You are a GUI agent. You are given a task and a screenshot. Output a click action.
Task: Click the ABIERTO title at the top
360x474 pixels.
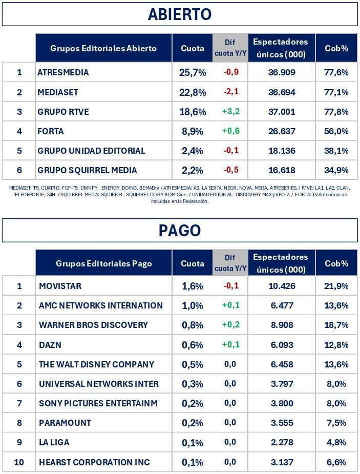pos(180,14)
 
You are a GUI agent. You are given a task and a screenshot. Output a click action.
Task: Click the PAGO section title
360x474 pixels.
pos(180,231)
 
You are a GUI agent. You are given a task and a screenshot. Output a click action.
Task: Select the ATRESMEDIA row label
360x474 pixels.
pos(63,73)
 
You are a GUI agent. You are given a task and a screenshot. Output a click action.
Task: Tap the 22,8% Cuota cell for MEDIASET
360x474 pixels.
pos(193,92)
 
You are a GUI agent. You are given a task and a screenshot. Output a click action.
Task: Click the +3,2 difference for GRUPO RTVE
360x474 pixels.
pos(231,111)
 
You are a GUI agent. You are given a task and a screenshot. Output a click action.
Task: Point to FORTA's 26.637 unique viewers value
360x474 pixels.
pos(282,131)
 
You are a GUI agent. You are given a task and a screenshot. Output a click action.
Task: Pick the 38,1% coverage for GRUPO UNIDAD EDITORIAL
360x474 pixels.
pos(336,151)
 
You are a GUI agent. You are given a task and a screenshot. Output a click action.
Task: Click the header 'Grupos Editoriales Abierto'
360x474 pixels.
pos(103,48)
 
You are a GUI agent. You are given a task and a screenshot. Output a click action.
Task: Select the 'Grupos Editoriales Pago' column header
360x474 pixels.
pos(104,263)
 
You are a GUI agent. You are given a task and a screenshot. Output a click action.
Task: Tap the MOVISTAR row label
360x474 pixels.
pos(60,286)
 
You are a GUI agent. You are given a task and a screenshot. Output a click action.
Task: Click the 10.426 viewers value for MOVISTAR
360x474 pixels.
pos(282,286)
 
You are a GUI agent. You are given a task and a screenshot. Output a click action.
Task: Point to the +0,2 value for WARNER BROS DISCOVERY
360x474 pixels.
pos(231,324)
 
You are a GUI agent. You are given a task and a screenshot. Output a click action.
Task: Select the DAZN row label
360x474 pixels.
pos(50,345)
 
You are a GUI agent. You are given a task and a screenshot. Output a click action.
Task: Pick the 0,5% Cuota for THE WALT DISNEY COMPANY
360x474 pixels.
pos(193,364)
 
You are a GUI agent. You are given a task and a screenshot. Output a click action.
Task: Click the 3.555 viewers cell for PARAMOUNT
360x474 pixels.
pos(282,423)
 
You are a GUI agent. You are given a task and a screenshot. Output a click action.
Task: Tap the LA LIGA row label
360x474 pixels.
pos(54,442)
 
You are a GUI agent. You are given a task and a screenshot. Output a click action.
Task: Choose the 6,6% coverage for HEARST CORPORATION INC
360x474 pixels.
pos(336,462)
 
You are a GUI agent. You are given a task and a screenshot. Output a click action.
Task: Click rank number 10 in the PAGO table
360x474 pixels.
pos(19,462)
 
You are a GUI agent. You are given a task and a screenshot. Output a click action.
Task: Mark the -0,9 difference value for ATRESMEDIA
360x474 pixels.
pos(231,72)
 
